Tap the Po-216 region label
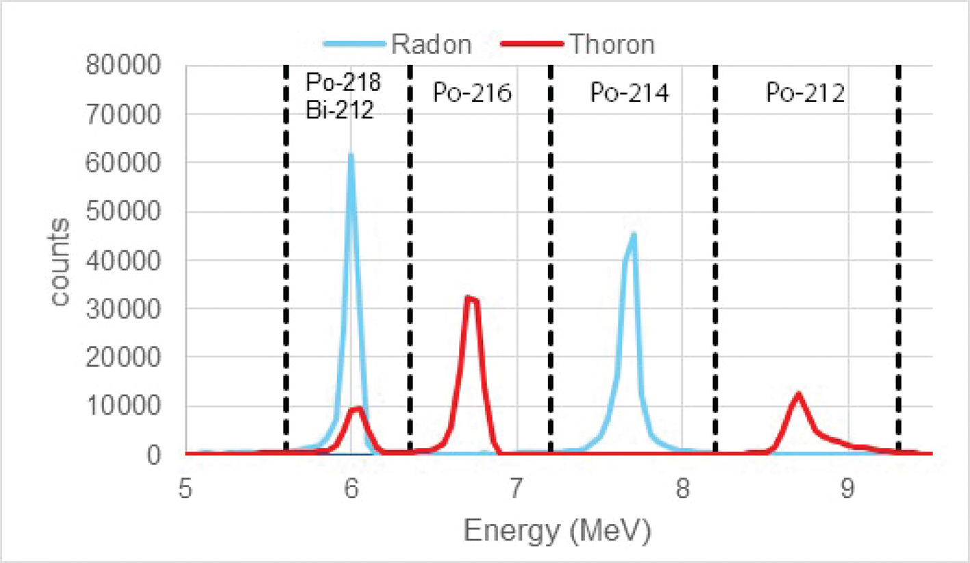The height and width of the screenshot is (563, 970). (472, 93)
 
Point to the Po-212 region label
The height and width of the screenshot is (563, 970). (805, 93)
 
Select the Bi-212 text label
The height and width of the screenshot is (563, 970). (339, 109)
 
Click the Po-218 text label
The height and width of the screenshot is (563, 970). (343, 83)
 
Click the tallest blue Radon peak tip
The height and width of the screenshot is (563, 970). (351, 155)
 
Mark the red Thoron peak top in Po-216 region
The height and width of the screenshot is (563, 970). (469, 298)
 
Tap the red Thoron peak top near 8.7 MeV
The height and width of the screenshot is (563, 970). (798, 394)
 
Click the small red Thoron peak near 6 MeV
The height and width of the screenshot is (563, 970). (357, 408)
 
